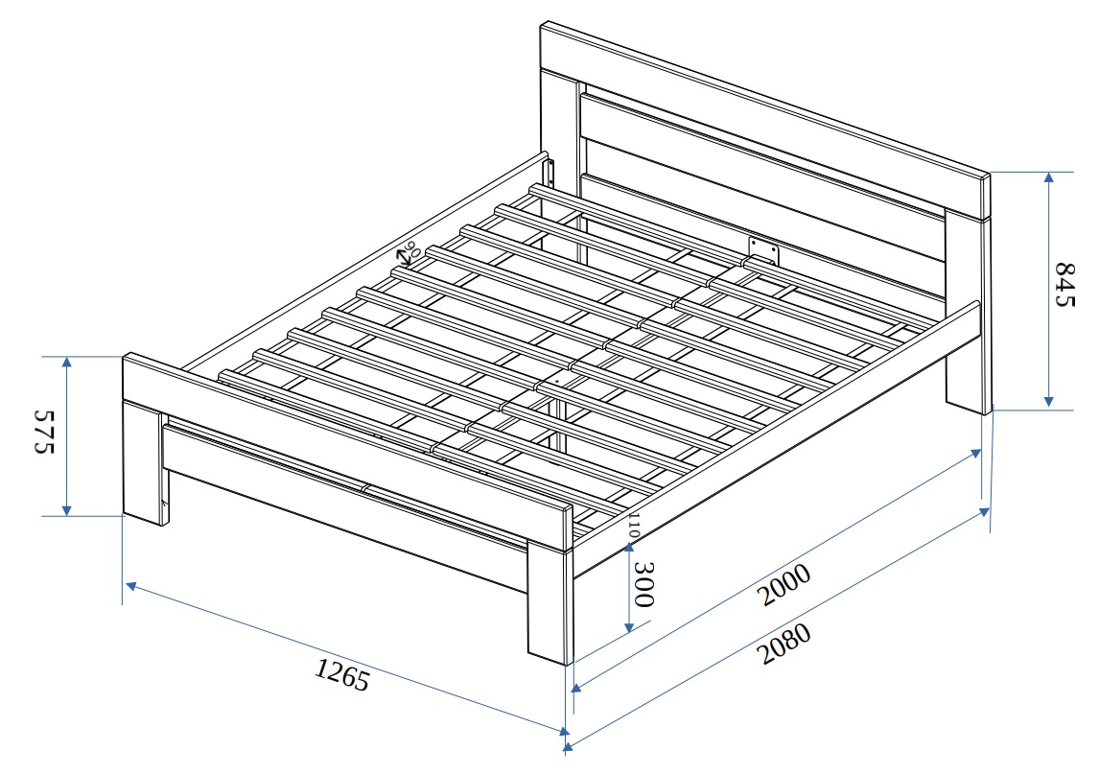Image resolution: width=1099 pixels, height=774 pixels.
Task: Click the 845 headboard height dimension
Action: (1065, 285)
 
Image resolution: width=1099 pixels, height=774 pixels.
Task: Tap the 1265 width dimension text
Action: (341, 676)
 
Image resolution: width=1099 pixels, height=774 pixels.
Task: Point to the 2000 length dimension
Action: (783, 585)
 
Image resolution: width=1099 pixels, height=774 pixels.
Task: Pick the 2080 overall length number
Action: (784, 645)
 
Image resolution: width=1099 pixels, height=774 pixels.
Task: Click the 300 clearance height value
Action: (643, 585)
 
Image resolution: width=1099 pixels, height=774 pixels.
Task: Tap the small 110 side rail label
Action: (634, 525)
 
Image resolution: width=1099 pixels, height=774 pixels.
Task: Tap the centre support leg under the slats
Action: (555, 422)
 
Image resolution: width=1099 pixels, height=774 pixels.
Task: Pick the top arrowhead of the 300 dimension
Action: (628, 547)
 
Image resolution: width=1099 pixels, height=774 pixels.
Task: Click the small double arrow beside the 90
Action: (404, 257)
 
